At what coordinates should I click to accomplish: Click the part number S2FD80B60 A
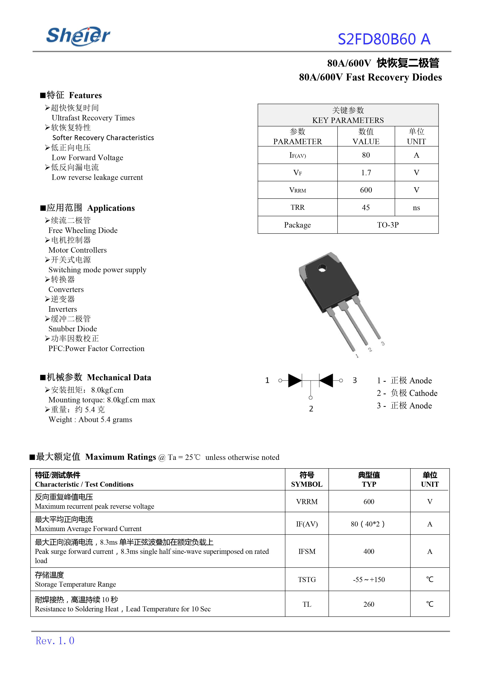384,39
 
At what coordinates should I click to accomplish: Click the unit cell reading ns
416,208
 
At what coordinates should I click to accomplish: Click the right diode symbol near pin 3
326,380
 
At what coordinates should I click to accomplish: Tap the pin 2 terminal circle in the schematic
311,398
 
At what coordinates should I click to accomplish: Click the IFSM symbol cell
307,551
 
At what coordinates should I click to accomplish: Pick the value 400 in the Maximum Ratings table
369,551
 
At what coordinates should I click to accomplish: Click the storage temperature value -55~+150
369,580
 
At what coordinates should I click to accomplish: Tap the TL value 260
369,604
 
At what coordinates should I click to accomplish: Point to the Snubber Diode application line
73,329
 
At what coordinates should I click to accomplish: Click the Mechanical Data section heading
119,377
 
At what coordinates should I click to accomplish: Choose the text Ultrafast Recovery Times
93,118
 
